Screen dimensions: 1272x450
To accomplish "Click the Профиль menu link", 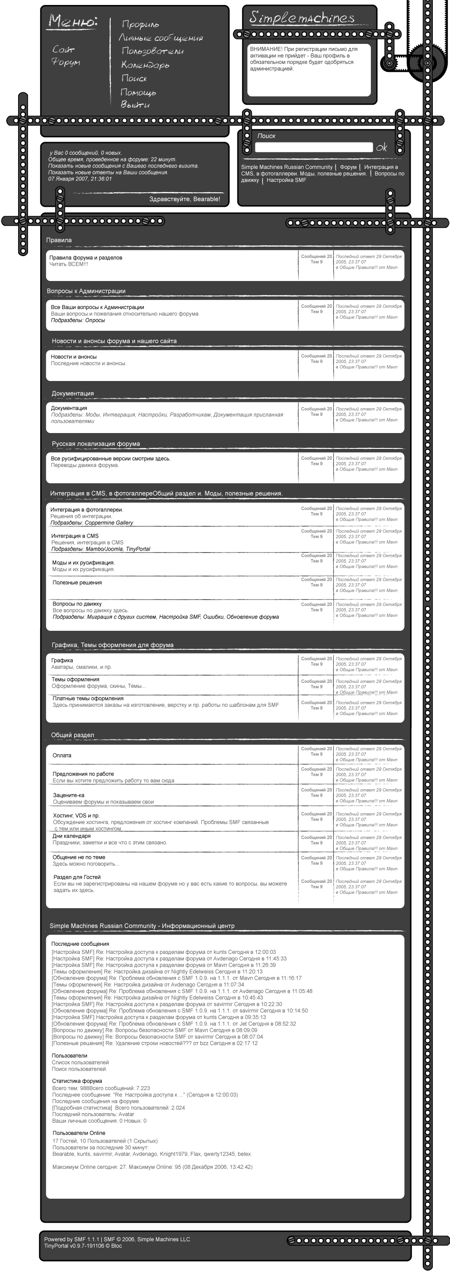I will pyautogui.click(x=140, y=24).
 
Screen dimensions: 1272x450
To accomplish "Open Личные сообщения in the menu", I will pyautogui.click(x=161, y=38).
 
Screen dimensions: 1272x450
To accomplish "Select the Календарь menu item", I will pyautogui.click(x=145, y=65).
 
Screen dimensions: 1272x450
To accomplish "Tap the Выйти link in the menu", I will pyautogui.click(x=135, y=105).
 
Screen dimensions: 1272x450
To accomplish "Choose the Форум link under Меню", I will pyautogui.click(x=66, y=62).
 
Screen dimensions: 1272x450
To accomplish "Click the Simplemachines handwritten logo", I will pyautogui.click(x=302, y=18).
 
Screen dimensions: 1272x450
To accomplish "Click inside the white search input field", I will pyautogui.click(x=313, y=147).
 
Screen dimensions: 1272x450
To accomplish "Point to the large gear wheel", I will pyautogui.click(x=427, y=63).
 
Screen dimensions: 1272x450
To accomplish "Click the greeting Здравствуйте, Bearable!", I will pyautogui.click(x=185, y=199).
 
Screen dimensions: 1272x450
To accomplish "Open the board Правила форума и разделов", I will pyautogui.click(x=85, y=258).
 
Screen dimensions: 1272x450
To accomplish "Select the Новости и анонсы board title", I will pyautogui.click(x=74, y=357).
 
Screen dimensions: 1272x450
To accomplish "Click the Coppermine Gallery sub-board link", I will pyautogui.click(x=109, y=523).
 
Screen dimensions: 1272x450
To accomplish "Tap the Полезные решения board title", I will pyautogui.click(x=77, y=583).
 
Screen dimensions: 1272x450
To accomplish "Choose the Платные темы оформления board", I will pyautogui.click(x=88, y=698).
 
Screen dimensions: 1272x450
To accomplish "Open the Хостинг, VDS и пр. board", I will pyautogui.click(x=76, y=815).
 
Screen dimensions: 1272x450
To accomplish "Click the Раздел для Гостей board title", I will pyautogui.click(x=77, y=877).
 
